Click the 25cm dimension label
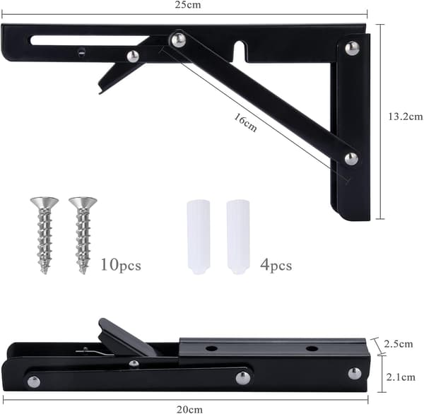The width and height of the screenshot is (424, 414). coord(188,5)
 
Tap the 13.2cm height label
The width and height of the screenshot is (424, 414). coord(406,117)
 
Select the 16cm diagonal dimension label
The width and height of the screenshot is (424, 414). coord(245,122)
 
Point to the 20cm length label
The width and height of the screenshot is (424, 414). coord(189,409)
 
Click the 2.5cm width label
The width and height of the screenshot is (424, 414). coord(399,344)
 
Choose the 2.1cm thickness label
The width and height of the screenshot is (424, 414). coord(401,377)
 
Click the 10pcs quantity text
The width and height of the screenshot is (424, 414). coord(121,265)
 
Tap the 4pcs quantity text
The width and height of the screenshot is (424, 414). coord(276,265)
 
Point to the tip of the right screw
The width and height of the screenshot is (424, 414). coord(83,273)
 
